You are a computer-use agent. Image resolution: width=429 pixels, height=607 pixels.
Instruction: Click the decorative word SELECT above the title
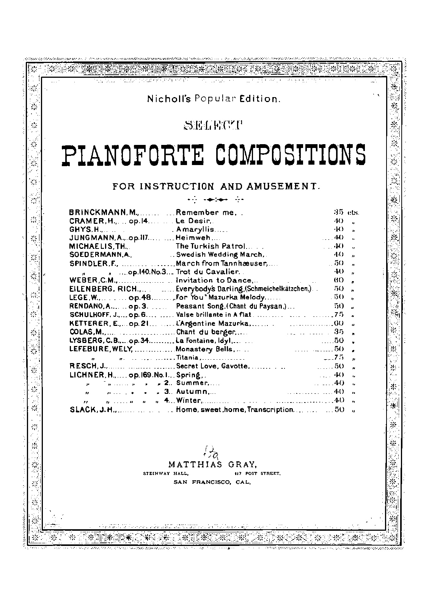tap(212, 125)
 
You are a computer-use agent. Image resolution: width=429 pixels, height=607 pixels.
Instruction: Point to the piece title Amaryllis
tap(195, 230)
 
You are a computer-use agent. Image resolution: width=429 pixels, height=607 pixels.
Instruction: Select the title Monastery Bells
tap(205, 349)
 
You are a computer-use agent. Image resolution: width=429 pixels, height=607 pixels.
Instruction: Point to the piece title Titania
tap(187, 357)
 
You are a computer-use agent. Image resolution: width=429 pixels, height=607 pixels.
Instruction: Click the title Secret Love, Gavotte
tap(212, 366)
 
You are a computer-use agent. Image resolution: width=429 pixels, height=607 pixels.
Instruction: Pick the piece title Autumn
tap(192, 392)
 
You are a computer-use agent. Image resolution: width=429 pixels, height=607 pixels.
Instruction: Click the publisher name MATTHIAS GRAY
tap(213, 464)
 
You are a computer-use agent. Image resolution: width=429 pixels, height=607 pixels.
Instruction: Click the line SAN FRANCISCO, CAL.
tap(212, 482)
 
